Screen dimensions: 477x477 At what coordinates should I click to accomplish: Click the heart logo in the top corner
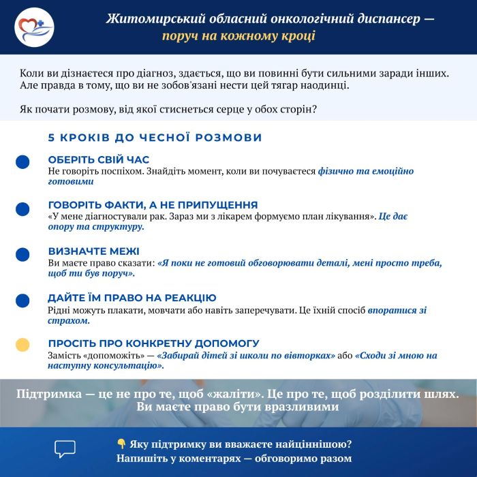tap(33, 27)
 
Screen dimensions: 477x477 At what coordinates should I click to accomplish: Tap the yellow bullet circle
tap(22, 344)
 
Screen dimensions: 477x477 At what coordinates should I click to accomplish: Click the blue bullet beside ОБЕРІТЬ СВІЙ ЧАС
tap(22, 161)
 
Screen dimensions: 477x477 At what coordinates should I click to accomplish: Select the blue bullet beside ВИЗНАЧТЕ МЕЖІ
tap(22, 254)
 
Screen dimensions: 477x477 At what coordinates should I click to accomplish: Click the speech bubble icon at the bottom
tap(65, 448)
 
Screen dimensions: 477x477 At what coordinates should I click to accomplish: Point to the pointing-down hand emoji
tap(121, 444)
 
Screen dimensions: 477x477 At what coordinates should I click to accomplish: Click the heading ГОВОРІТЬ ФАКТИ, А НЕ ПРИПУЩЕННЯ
tap(153, 204)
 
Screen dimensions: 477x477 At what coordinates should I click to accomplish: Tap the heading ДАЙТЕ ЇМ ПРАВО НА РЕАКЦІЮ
tap(132, 298)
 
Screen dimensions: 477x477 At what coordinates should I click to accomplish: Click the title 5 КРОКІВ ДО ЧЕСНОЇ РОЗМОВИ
tap(155, 138)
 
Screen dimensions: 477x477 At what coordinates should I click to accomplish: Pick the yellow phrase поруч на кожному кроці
tap(238, 35)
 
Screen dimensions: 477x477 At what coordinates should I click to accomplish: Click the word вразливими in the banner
tap(299, 407)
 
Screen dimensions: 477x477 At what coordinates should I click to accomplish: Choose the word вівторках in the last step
tap(310, 356)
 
